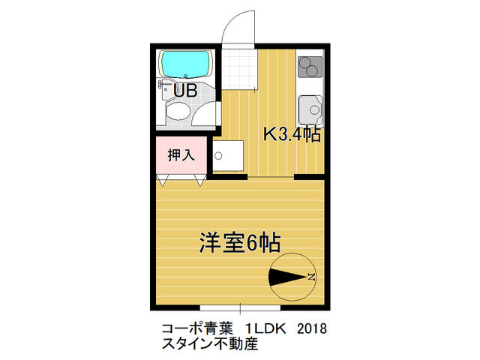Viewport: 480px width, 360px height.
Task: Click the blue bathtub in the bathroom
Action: click(x=185, y=64)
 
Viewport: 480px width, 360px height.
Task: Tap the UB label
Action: click(x=185, y=90)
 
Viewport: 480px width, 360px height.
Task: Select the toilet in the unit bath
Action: click(x=178, y=112)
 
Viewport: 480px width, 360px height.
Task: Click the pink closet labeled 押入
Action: click(x=181, y=155)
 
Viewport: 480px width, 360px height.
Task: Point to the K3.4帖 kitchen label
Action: click(x=292, y=134)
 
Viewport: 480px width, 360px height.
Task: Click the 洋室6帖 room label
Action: click(x=240, y=242)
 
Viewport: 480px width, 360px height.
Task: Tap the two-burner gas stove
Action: click(x=310, y=67)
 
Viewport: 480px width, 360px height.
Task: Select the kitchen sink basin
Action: click(x=310, y=109)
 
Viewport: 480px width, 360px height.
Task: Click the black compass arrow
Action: click(x=288, y=277)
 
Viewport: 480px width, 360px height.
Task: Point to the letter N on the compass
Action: click(x=311, y=277)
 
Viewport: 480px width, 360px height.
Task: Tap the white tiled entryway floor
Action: click(x=239, y=69)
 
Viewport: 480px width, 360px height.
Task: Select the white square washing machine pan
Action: click(x=228, y=156)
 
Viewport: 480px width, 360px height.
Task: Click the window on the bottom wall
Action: click(x=240, y=307)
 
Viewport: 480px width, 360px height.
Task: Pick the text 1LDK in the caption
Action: click(x=265, y=328)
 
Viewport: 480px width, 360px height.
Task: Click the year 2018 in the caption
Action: click(x=312, y=328)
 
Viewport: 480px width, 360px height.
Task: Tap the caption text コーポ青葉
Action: click(x=197, y=328)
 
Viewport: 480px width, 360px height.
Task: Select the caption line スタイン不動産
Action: click(x=210, y=343)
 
